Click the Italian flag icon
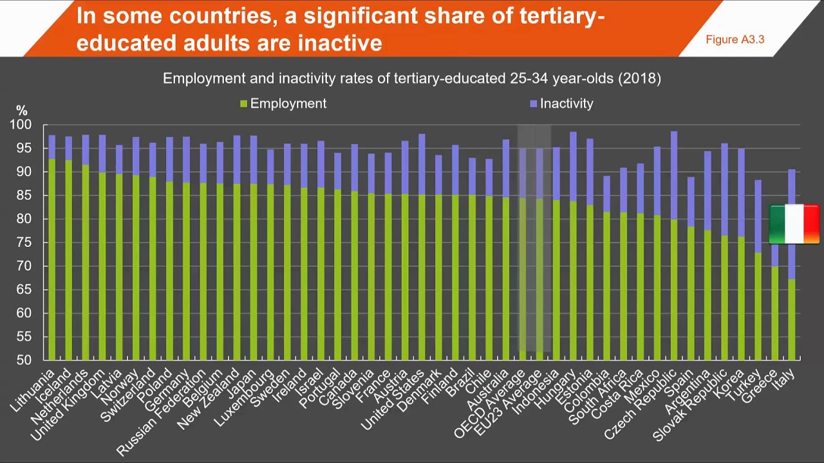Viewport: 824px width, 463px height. [x=794, y=224]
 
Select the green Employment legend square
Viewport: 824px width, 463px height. [x=243, y=104]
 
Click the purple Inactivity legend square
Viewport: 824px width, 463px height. [x=533, y=104]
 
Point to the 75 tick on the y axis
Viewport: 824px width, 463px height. [x=23, y=242]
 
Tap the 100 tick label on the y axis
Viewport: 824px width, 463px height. [x=21, y=125]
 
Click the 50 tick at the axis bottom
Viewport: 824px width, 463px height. [x=23, y=360]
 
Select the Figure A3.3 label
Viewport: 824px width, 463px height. [x=735, y=40]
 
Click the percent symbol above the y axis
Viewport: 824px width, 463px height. [x=22, y=111]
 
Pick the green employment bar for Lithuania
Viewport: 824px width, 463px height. [x=52, y=257]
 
